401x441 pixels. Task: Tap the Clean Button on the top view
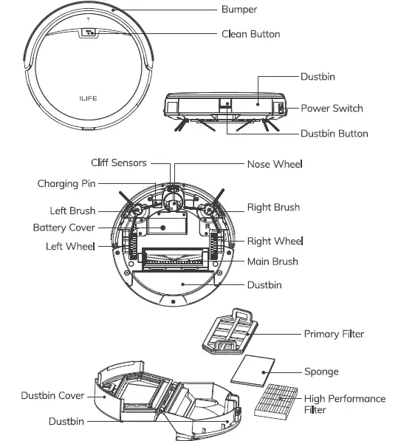89,33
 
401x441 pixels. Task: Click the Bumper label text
240,10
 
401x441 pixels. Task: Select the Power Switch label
332,109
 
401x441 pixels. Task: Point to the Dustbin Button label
334,134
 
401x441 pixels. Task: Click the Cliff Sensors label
118,163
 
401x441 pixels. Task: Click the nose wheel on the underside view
173,196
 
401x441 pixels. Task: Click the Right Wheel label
275,241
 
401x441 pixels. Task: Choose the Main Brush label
273,261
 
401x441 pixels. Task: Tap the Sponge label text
321,372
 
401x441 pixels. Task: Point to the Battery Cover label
64,228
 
